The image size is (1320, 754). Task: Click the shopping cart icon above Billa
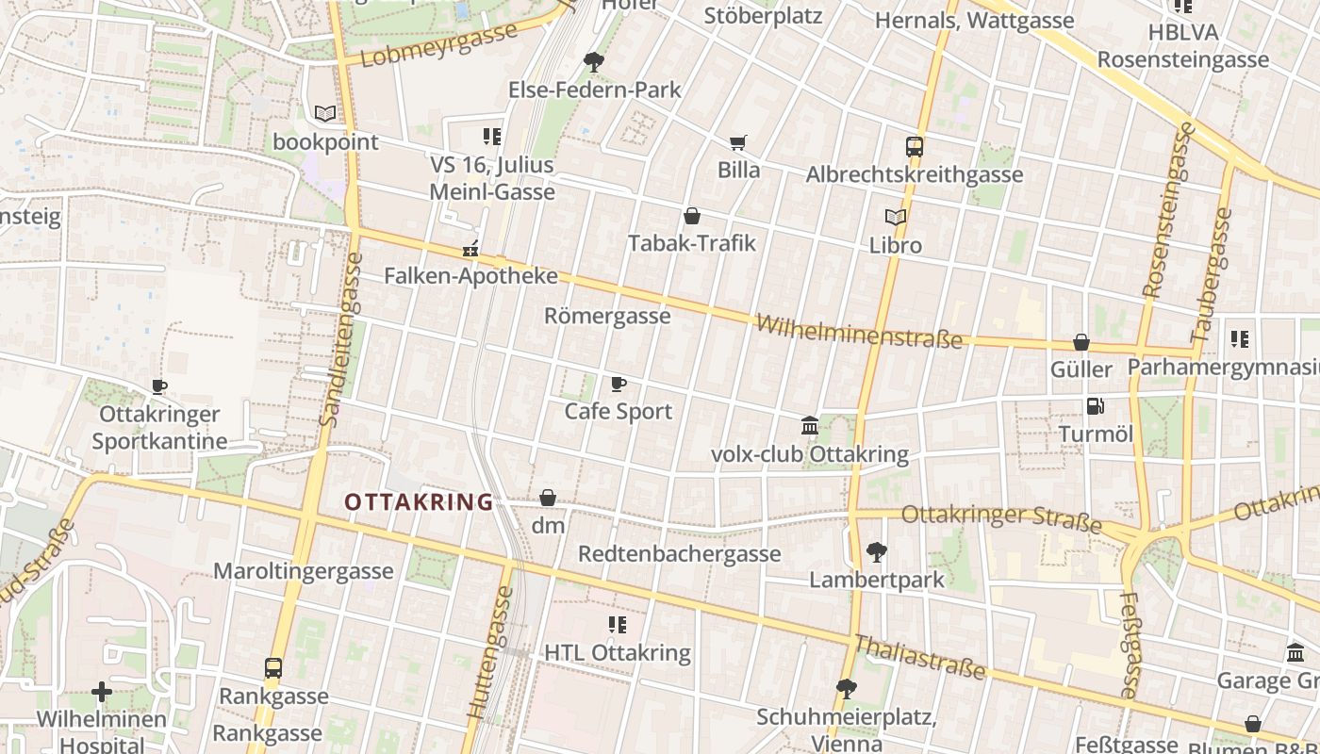click(738, 142)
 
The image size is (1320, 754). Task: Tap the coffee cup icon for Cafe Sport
click(619, 384)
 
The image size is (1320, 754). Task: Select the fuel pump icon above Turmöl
click(1095, 406)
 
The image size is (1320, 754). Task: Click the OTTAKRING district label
click(419, 502)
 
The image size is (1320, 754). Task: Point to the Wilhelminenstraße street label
click(859, 332)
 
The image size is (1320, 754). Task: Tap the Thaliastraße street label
click(919, 657)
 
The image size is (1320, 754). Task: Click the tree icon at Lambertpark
click(876, 551)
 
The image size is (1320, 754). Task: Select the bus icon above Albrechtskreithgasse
click(914, 147)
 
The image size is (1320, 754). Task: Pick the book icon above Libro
click(896, 217)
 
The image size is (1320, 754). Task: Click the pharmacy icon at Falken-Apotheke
click(470, 250)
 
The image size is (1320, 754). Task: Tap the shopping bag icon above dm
click(548, 498)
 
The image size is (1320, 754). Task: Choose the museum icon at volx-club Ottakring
click(809, 426)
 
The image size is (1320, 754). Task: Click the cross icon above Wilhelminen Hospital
click(102, 693)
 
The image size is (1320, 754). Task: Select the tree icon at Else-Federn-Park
click(594, 62)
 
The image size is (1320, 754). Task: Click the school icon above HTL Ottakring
click(618, 624)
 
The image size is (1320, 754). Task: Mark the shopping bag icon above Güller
click(1081, 341)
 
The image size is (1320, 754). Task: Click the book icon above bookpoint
click(325, 114)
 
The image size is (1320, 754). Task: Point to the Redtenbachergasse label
click(679, 553)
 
